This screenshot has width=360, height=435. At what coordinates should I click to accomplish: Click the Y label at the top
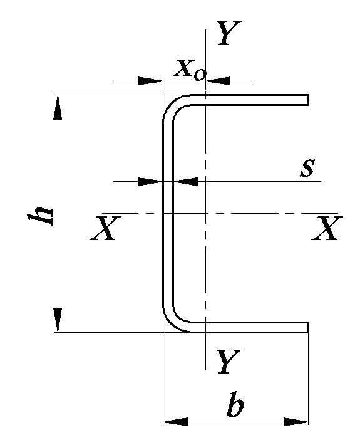coord(229,33)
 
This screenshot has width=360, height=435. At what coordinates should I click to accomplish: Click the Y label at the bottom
coord(229,361)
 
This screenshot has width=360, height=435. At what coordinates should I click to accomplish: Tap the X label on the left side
coord(105,228)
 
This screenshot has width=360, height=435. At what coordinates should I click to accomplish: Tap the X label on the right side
coord(327,228)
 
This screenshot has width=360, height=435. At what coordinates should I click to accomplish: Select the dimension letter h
coord(40,216)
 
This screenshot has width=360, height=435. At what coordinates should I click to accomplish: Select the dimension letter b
coord(235,404)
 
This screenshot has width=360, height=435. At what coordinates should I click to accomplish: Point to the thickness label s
coord(307,168)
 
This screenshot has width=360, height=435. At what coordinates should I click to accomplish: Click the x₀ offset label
coord(190,70)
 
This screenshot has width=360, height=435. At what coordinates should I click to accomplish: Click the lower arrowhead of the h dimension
coord(58,320)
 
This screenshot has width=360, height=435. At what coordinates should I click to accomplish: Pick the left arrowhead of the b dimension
coord(175,422)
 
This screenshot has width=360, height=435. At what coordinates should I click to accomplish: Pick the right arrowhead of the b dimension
coord(296,422)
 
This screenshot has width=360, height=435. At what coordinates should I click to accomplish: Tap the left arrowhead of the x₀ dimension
coord(150,81)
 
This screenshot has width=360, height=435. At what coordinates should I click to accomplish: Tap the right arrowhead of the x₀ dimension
coord(218,81)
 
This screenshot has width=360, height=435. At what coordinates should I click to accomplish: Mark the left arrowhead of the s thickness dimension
coord(150,182)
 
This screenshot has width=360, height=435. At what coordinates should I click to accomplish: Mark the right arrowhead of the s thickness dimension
coord(185,182)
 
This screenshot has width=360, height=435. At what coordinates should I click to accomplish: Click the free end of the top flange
coord(309,100)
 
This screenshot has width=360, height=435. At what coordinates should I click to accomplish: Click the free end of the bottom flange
coord(309,327)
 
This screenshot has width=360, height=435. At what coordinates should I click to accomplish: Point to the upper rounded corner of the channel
coord(172,104)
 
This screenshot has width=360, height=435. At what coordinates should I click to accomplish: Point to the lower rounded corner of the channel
coord(172,323)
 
